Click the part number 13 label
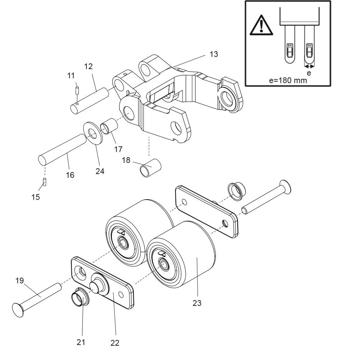click(x=214, y=54)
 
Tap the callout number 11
click(x=71, y=75)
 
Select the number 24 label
click(x=100, y=171)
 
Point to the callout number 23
click(x=197, y=303)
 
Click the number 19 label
click(x=20, y=280)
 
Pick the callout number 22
click(x=115, y=343)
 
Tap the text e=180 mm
click(x=288, y=80)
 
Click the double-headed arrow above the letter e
click(x=309, y=66)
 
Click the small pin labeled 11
click(x=77, y=90)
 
